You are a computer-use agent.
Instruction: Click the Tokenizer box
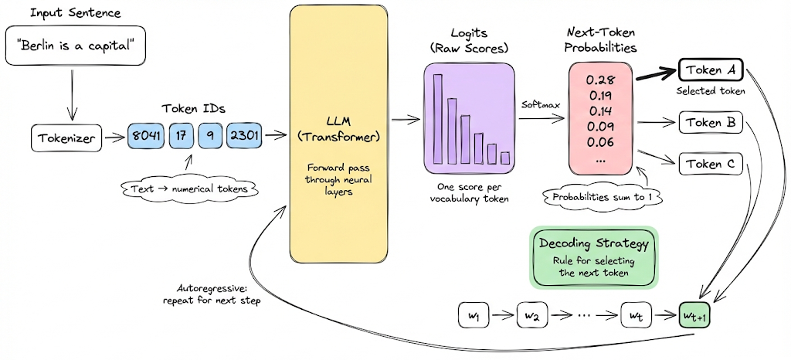coord(68,138)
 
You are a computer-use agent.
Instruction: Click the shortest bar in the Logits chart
coord(505,158)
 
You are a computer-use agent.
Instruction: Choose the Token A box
coord(710,72)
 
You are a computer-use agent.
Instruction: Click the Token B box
coord(710,122)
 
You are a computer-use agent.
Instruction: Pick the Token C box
coord(710,163)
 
